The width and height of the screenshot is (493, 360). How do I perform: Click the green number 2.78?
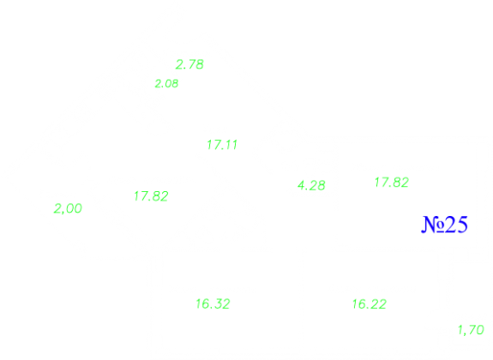point(189,64)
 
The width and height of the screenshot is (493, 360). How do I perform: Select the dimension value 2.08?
point(166,84)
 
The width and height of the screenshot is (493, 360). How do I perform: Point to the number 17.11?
point(222,145)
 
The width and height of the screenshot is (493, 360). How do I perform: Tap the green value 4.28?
point(311,185)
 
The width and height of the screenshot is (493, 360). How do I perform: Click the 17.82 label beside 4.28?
point(392,183)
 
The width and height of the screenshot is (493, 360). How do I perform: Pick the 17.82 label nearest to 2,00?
point(151,196)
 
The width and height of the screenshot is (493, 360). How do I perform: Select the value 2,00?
point(68,208)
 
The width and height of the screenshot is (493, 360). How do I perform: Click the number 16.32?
point(213,304)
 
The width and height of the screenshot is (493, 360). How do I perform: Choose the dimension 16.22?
point(370,304)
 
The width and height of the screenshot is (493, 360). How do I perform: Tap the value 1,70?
point(471,330)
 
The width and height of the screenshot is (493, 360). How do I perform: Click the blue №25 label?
point(445,225)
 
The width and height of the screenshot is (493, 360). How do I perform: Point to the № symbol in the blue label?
point(433,225)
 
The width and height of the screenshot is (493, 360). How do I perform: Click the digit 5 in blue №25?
point(462,225)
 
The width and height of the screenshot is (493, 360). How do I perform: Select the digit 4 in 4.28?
point(302,185)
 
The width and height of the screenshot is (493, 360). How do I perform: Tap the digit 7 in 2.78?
point(192,64)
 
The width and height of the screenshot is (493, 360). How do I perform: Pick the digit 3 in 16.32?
point(218,304)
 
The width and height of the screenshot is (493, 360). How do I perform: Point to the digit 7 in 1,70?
point(472,330)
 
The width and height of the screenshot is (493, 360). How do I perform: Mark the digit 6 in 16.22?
point(362,304)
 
